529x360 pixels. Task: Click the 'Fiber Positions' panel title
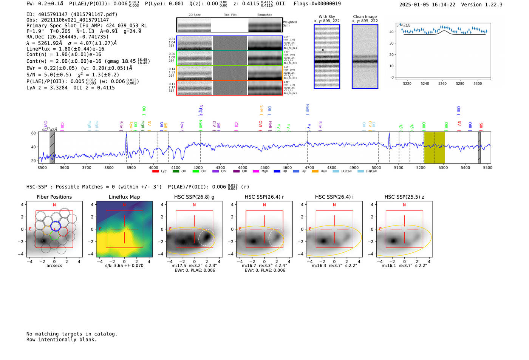click(x=54, y=197)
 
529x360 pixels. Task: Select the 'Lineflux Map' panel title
click(x=124, y=197)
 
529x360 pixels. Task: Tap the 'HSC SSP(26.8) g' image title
click(x=194, y=197)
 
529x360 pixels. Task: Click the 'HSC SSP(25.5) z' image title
click(x=404, y=197)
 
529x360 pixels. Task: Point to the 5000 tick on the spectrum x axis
click(x=376, y=168)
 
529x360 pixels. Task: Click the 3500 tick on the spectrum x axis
click(x=42, y=168)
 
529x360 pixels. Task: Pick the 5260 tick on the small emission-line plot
click(x=442, y=83)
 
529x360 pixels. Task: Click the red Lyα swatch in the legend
click(x=155, y=172)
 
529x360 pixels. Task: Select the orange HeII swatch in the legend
click(x=315, y=172)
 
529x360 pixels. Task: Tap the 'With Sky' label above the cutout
click(x=327, y=17)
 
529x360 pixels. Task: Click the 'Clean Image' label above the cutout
click(x=365, y=17)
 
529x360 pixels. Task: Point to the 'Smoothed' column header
click(x=264, y=15)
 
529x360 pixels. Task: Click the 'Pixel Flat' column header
click(x=230, y=15)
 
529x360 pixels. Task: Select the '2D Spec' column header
click(x=195, y=15)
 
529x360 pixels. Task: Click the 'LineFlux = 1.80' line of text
click(x=65, y=49)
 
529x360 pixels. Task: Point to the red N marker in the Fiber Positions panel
click(x=54, y=205)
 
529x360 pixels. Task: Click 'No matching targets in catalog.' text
click(x=72, y=334)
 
